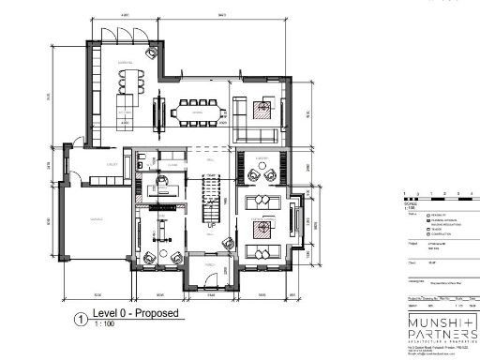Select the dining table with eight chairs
point(198,112)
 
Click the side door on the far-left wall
point(65,165)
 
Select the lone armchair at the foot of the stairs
point(226,242)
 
